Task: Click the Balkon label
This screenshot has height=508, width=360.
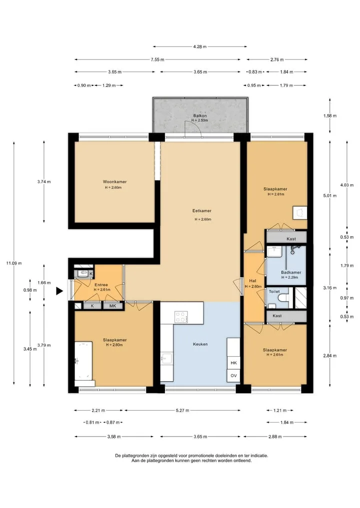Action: (200, 116)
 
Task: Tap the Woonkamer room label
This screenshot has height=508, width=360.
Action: (115, 182)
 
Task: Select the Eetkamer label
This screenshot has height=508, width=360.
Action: (201, 211)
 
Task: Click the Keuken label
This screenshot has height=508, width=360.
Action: (200, 344)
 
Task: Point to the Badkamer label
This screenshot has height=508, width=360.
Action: (291, 272)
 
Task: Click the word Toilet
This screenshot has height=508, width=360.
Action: (274, 292)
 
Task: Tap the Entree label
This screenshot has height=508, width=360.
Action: (101, 285)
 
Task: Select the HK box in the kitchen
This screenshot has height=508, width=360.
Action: (233, 363)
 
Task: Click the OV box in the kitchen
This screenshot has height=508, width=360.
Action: (233, 376)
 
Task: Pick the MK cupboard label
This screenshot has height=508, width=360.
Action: (112, 306)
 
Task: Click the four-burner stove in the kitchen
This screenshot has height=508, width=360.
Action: (181, 317)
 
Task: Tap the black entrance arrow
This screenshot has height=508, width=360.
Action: (59, 291)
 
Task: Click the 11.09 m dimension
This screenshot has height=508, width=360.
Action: (14, 263)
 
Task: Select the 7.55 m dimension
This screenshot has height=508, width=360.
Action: (157, 59)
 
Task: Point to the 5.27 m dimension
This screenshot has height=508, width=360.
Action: (182, 411)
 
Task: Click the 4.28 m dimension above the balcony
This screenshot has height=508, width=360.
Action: (200, 46)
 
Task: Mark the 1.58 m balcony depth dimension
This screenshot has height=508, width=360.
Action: (330, 116)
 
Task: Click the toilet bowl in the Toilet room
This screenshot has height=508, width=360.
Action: (284, 297)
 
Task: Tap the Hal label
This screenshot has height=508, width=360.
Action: (252, 281)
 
